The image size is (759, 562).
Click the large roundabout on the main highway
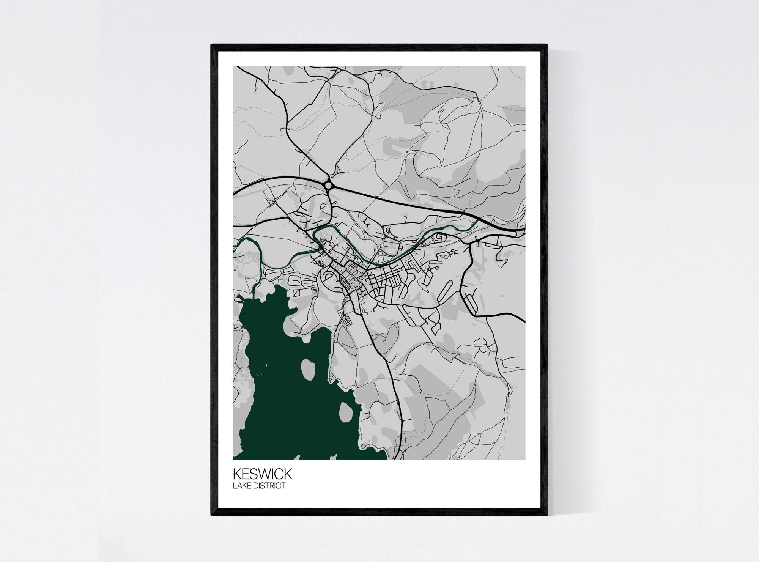click(x=329, y=185)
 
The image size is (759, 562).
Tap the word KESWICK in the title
click(x=263, y=474)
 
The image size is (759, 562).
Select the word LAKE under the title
click(x=242, y=485)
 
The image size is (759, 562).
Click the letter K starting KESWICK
click(x=237, y=474)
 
